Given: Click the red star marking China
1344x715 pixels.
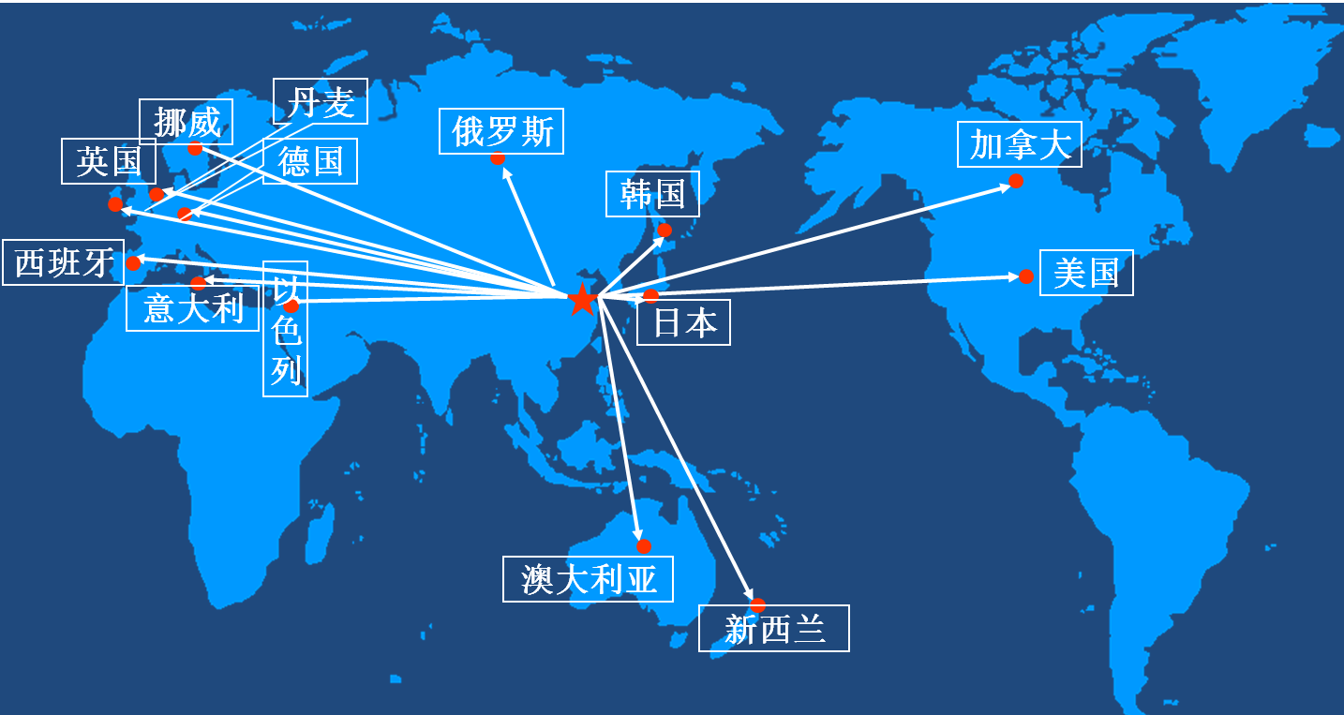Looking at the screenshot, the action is [x=582, y=299].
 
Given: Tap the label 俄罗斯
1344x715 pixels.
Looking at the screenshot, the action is [x=501, y=131].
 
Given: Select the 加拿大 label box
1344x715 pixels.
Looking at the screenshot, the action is [x=1020, y=144].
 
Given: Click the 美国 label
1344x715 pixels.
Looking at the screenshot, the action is [x=1086, y=273].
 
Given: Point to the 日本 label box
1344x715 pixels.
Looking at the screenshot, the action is [x=683, y=322].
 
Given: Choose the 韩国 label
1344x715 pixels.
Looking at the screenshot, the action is [x=653, y=194].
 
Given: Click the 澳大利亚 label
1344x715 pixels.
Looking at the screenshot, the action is [x=588, y=579].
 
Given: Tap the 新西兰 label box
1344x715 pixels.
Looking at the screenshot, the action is [x=774, y=629].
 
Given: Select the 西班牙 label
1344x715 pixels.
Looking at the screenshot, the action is [x=63, y=262].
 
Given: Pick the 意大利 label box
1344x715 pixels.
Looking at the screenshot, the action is [x=192, y=308].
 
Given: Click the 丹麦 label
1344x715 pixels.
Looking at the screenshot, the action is [x=321, y=101].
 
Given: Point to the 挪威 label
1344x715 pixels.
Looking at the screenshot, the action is [x=186, y=122].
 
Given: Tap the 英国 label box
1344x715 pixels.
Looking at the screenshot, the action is [x=109, y=161].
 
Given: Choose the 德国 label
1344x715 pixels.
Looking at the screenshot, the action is [x=310, y=161].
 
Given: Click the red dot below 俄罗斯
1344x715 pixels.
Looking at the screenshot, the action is [x=498, y=158].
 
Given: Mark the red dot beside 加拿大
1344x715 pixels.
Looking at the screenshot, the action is [x=1016, y=181].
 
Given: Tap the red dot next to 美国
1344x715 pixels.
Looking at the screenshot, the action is [x=1026, y=276].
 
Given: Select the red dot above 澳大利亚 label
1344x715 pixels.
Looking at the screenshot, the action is [x=644, y=546].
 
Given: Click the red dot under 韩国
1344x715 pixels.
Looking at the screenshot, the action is [x=665, y=231].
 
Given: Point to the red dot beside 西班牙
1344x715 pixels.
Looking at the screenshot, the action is [x=133, y=262].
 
